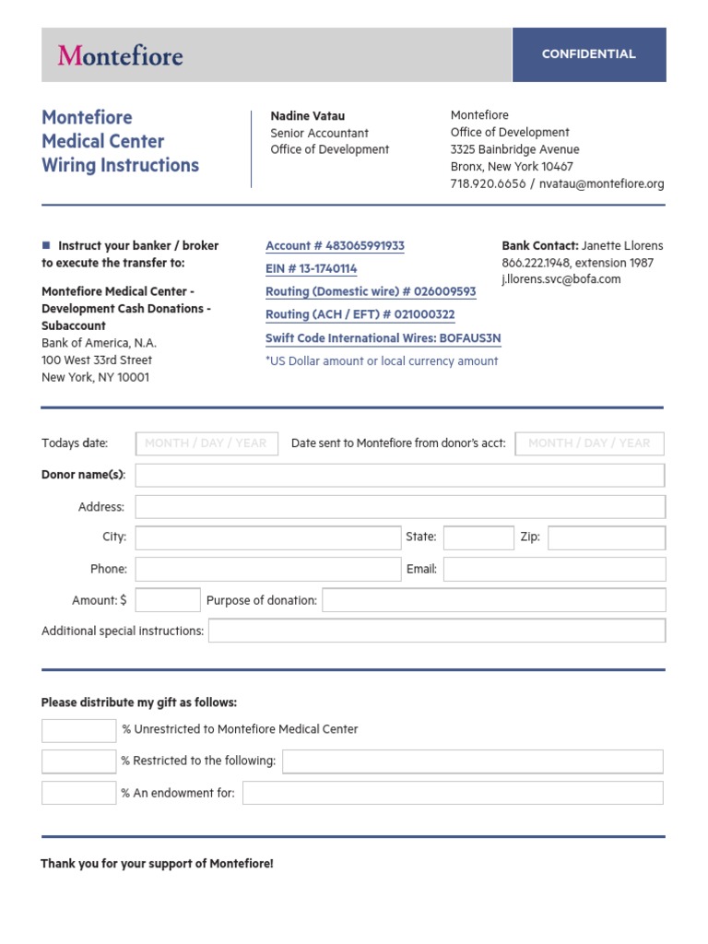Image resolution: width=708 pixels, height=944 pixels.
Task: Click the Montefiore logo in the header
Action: coord(120,55)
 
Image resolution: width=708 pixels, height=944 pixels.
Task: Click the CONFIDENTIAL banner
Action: coord(588,54)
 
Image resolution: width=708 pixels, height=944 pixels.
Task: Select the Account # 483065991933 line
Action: coord(335,246)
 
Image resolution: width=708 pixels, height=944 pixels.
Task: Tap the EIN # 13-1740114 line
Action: coord(311,269)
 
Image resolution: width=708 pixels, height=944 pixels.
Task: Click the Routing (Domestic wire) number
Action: coord(371,292)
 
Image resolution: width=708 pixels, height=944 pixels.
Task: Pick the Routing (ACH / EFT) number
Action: coord(360,315)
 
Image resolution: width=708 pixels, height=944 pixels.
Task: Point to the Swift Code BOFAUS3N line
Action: coord(383,338)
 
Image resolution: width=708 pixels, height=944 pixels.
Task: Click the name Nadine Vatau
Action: coord(307,116)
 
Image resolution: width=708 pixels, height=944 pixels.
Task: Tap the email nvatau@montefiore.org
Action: coord(601,184)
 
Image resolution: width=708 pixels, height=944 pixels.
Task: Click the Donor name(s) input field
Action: coord(399,476)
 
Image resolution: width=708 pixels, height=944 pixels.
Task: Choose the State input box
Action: coord(478,537)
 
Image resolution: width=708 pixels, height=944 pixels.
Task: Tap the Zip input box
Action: coord(606,537)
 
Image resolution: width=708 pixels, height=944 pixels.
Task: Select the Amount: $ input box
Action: coord(168,600)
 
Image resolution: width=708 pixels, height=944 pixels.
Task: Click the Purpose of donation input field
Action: coord(493,600)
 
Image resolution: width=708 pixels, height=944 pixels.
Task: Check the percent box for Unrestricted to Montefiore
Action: coord(78,730)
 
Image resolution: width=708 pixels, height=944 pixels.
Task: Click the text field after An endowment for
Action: coord(452,793)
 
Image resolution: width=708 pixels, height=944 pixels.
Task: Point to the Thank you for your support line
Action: coord(157,864)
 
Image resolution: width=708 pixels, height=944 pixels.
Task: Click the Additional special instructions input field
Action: coord(436,631)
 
